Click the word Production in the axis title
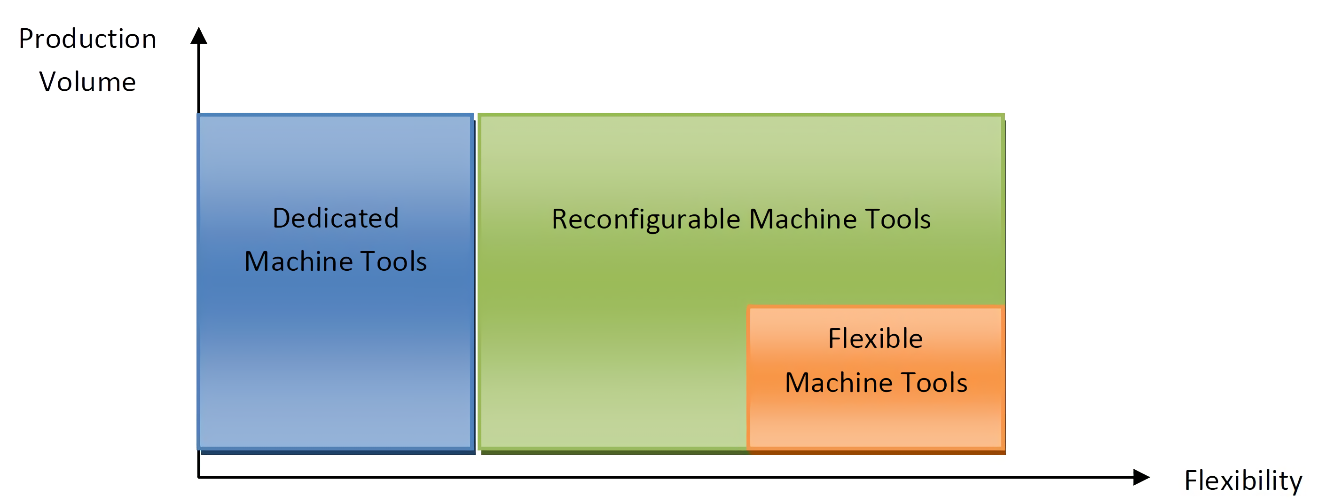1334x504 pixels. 87,39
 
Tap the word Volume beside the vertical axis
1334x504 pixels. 87,82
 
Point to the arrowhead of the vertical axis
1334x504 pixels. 199,35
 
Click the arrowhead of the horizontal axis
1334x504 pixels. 1141,477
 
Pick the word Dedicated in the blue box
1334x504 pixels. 336,218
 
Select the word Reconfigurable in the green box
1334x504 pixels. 646,220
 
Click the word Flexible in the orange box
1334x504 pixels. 875,339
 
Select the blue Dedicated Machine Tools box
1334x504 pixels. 336,282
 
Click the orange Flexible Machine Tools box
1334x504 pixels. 876,378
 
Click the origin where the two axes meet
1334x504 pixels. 199,477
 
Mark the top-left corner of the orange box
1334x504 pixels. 747,306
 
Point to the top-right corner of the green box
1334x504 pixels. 1004,114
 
